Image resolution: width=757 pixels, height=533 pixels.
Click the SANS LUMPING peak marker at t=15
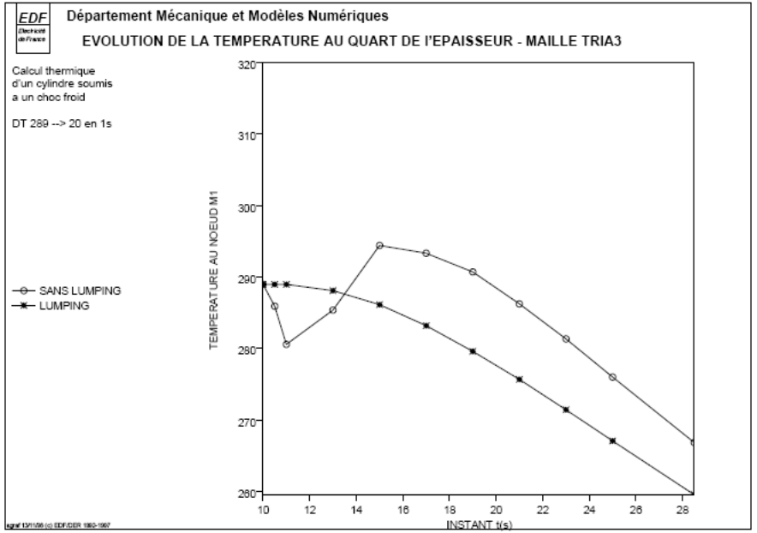pos(379,245)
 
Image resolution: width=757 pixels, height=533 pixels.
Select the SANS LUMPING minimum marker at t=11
pos(286,344)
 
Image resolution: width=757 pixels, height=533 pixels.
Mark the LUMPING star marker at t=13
pos(333,290)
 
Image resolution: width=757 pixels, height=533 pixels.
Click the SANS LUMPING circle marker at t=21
pos(519,304)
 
